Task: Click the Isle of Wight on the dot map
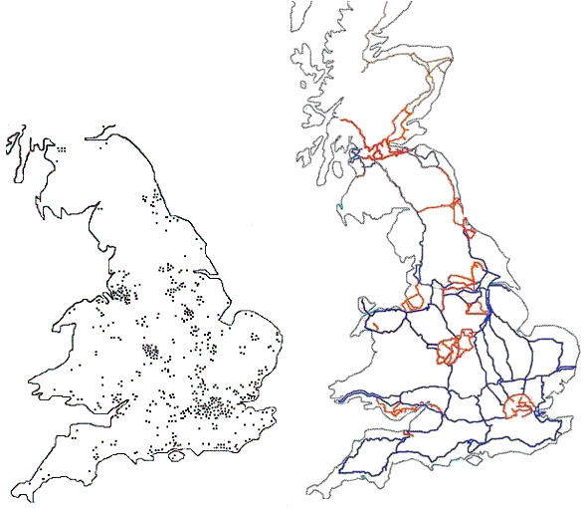tap(177, 456)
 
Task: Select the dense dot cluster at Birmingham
tap(152, 351)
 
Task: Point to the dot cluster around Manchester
tap(122, 293)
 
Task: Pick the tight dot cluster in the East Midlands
tap(187, 313)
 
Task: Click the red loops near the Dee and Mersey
tap(413, 299)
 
